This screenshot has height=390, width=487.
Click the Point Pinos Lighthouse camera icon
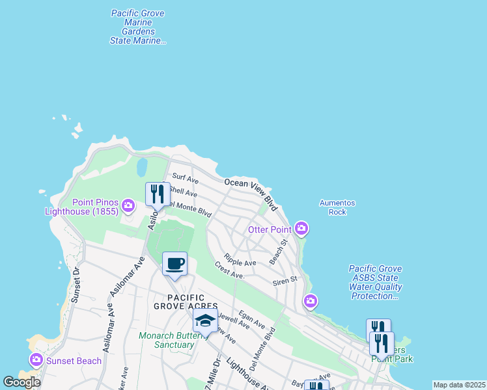tap(128, 206)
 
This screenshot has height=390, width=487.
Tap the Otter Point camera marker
tap(301, 228)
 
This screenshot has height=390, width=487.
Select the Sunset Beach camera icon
tap(36, 359)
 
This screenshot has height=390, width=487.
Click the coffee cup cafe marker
tap(174, 264)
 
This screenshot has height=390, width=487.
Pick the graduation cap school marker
tap(205, 320)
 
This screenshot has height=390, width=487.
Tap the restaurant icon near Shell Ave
tap(157, 194)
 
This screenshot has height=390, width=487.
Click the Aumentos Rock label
tap(337, 207)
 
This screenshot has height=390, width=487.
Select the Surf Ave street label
tap(184, 177)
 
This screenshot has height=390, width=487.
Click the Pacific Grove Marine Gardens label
tap(137, 27)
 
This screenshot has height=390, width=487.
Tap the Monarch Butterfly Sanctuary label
tap(167, 340)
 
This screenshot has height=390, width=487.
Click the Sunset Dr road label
tap(76, 285)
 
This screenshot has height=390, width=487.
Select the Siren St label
tap(285, 280)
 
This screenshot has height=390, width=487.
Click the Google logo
tap(22, 382)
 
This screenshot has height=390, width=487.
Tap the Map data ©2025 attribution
tap(459, 385)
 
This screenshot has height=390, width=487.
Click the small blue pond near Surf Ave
tap(141, 168)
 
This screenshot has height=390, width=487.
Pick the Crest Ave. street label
tap(229, 271)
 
